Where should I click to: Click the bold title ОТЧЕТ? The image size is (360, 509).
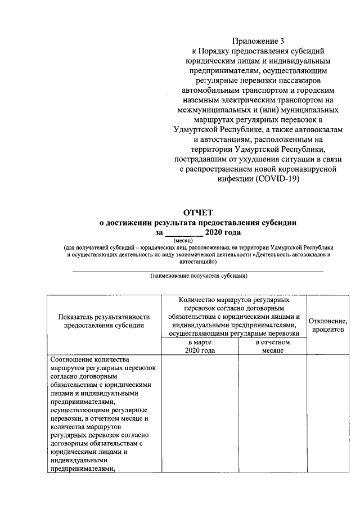coord(197,213)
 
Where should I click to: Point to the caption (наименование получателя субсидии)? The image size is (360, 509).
coord(198,276)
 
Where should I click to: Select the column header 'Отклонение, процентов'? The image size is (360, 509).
coord(327,325)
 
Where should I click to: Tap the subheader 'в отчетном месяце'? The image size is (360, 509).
coord(273,346)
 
